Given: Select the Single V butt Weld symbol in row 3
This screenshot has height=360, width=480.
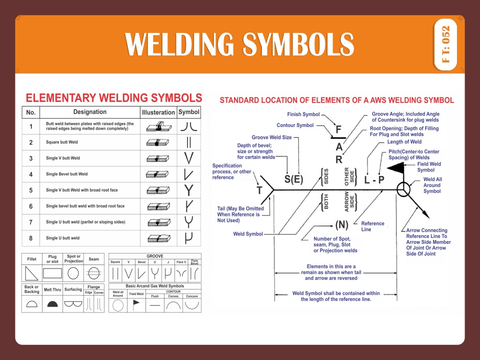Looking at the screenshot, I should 188,158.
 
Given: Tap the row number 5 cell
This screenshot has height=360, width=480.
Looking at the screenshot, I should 30,190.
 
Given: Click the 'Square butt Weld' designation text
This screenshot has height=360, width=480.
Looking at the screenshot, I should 62,142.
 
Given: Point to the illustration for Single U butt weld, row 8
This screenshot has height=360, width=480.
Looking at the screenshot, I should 158,238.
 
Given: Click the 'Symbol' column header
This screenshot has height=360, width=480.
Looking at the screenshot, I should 188,112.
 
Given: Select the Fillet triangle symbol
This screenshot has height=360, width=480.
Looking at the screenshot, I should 31,273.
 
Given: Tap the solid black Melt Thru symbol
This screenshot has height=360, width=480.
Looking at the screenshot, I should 52,303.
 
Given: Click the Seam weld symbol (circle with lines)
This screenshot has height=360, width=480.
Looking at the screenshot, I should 93,273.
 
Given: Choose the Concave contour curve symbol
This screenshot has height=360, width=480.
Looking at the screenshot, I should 191,304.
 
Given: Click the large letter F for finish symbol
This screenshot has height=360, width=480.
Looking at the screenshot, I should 338,129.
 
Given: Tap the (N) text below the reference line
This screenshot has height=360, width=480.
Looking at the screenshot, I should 341,224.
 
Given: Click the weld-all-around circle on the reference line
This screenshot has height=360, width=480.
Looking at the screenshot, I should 403,190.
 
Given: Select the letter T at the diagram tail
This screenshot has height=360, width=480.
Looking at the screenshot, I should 259,190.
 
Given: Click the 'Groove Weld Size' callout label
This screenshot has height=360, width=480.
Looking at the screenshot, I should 271,137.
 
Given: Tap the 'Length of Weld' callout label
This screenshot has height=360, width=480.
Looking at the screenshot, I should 404,142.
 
